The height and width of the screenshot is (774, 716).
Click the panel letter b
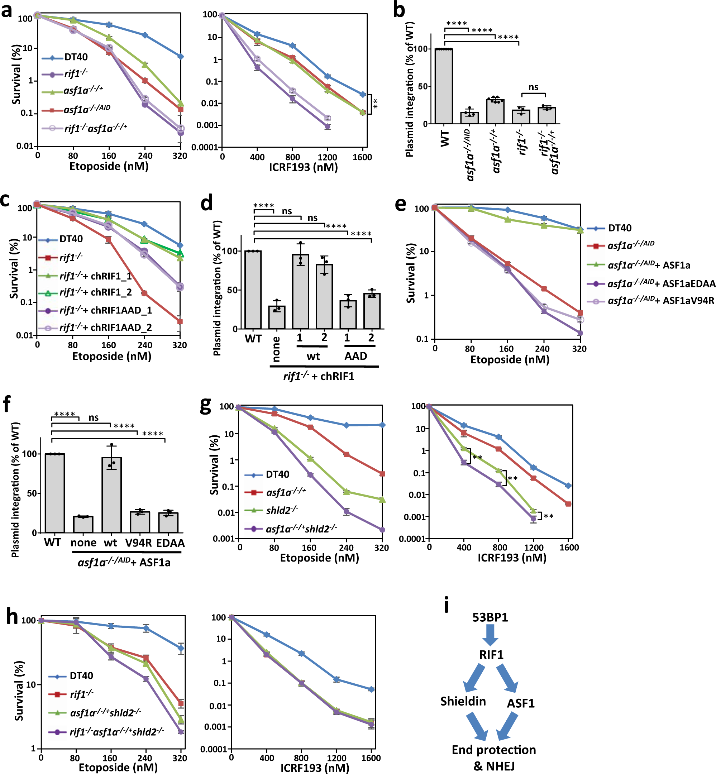click(399, 10)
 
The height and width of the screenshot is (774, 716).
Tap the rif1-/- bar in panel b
click(521, 116)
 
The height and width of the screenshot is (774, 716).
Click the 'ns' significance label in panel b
click(534, 87)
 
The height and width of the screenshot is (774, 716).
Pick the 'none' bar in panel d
click(277, 317)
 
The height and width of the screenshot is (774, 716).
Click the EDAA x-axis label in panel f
click(171, 543)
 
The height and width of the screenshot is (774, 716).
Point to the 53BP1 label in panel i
click(490, 617)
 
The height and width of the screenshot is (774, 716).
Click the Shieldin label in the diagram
click(463, 701)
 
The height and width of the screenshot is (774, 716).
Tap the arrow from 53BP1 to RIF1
click(490, 636)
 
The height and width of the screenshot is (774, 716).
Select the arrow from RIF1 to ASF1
click(508, 678)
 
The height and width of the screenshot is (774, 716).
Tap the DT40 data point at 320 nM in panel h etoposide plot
click(181, 648)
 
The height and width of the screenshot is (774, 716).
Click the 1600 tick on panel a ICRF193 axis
click(362, 157)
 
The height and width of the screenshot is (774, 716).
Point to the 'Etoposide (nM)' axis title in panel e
click(510, 360)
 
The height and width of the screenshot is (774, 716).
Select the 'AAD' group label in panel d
click(356, 355)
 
